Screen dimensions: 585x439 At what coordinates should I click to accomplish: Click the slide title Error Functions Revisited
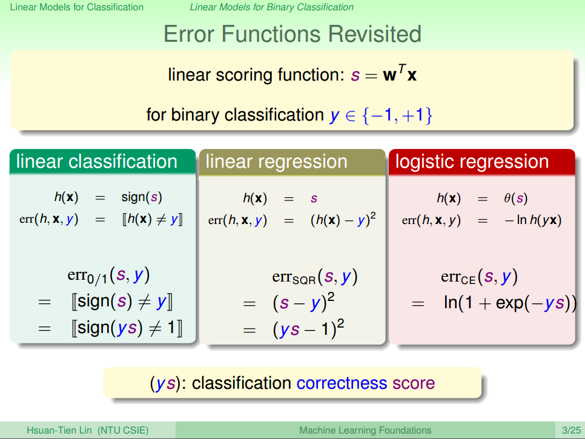292,34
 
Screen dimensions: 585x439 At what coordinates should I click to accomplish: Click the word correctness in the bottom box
342,383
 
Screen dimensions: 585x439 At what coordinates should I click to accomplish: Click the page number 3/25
571,431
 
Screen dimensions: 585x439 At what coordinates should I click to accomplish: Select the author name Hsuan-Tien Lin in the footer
59,431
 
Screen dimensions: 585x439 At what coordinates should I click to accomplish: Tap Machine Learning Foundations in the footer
365,431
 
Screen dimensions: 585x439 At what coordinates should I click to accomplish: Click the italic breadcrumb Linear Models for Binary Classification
271,7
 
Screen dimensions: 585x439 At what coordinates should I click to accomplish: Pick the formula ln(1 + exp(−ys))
510,303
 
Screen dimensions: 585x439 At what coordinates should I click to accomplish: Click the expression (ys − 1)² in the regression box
308,329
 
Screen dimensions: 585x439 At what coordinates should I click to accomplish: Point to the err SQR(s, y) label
315,277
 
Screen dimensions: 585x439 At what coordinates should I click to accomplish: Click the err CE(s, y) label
479,277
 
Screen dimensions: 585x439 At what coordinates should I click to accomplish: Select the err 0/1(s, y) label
108,276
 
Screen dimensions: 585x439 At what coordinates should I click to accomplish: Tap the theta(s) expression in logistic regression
515,198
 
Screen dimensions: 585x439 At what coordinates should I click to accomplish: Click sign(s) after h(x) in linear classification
142,197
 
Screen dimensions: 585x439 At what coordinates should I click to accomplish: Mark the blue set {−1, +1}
397,115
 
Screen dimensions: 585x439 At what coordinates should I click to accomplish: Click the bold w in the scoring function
390,75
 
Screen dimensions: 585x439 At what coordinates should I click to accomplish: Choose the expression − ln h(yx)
533,220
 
